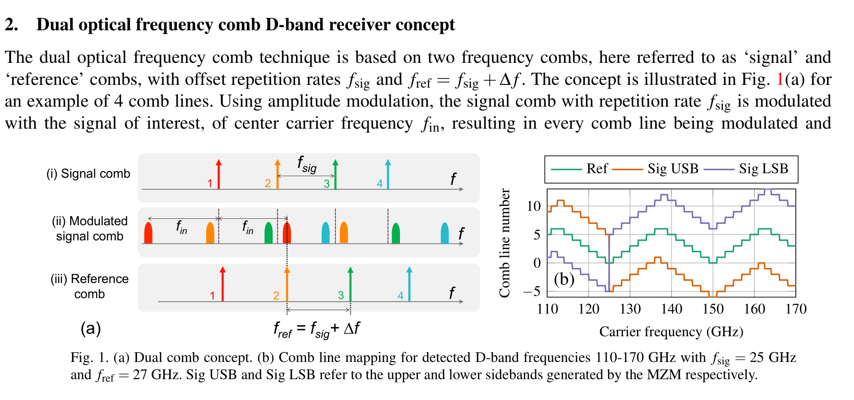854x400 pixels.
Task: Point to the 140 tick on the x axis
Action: click(x=672, y=309)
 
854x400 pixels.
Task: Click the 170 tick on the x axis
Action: click(x=796, y=309)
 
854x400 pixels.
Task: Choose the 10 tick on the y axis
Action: click(x=533, y=206)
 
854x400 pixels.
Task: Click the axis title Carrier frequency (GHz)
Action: click(x=671, y=332)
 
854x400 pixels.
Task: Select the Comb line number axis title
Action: click(x=504, y=243)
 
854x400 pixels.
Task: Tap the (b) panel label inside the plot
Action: click(x=564, y=279)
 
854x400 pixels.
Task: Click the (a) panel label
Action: click(x=91, y=328)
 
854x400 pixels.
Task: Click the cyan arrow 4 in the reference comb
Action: click(x=409, y=284)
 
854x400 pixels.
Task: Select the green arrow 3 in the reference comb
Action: click(x=350, y=284)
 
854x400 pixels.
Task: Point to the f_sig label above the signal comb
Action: click(x=307, y=164)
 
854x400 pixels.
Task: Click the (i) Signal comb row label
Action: click(x=88, y=174)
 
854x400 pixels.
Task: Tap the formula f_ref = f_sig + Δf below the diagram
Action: click(x=317, y=329)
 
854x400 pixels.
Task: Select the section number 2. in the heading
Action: click(x=12, y=25)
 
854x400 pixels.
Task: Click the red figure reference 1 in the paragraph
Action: click(x=780, y=79)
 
